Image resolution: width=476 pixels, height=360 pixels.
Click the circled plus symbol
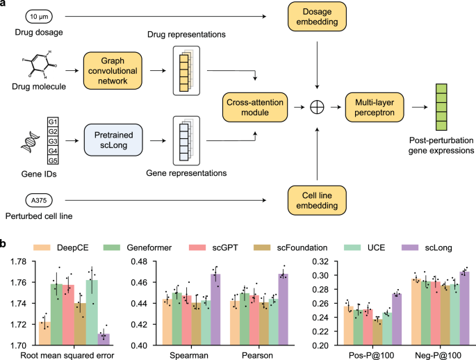[x=317, y=107]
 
